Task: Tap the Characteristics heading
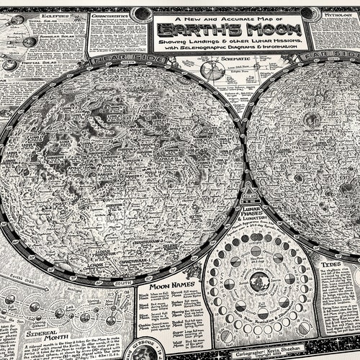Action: (109, 15)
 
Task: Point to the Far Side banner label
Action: (321, 55)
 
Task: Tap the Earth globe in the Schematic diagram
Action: (212, 71)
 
